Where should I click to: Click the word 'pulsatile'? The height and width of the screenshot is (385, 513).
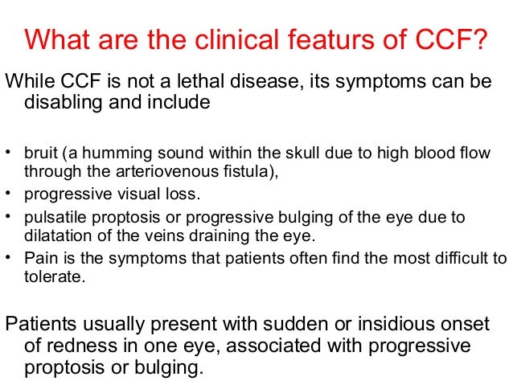click(x=53, y=218)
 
